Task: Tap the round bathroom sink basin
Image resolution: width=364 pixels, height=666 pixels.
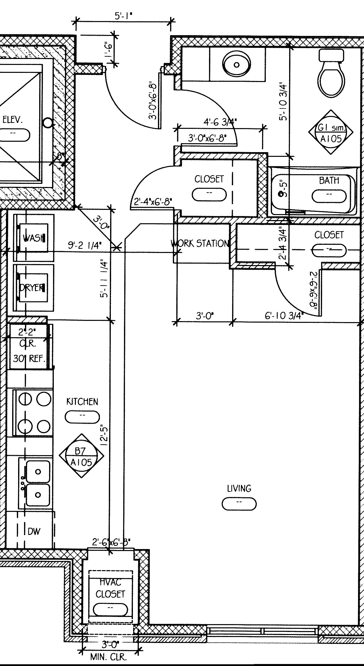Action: coord(237,64)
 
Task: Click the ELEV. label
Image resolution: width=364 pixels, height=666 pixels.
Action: coord(12,120)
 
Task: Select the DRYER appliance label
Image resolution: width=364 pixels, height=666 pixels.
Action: coord(32,287)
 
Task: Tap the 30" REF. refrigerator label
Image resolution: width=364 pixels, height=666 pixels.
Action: coord(29,359)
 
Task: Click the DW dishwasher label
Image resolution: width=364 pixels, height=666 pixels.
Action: coord(34,531)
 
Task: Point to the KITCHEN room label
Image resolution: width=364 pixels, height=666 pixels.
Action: coord(82,402)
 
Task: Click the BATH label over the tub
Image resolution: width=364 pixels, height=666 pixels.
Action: coord(329,180)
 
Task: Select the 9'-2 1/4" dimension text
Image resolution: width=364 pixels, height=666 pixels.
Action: coord(85,245)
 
